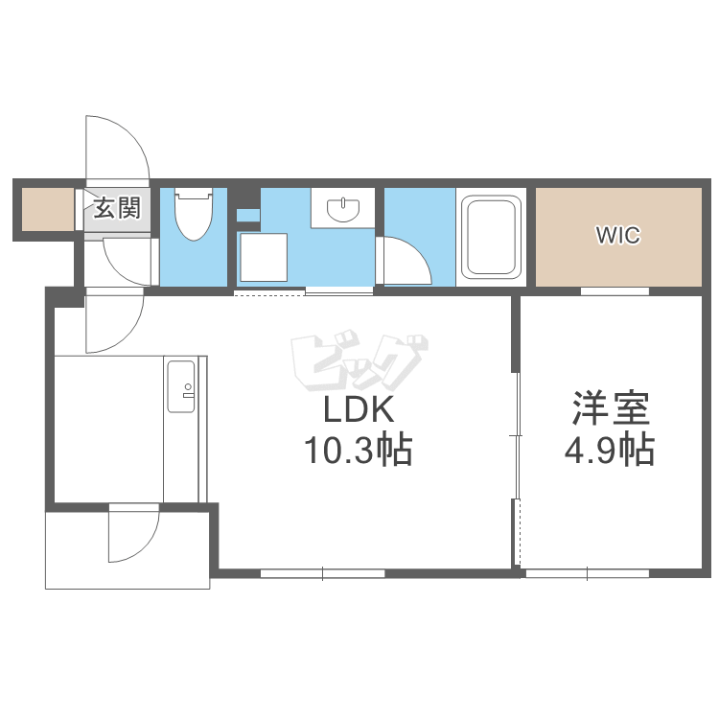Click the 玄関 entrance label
[x=117, y=208]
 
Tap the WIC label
[x=618, y=235]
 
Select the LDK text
[x=359, y=409]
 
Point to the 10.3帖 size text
[x=359, y=450]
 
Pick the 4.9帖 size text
[x=610, y=450]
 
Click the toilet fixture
[x=194, y=214]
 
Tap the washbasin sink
[x=343, y=209]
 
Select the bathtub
[x=491, y=237]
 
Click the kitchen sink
[x=181, y=386]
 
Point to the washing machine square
[x=264, y=257]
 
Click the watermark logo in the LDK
[x=359, y=360]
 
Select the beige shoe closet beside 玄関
[x=48, y=210]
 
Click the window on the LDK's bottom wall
[x=323, y=573]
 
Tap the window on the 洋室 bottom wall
[x=588, y=573]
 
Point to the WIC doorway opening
[x=615, y=291]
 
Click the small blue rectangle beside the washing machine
[x=248, y=216]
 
